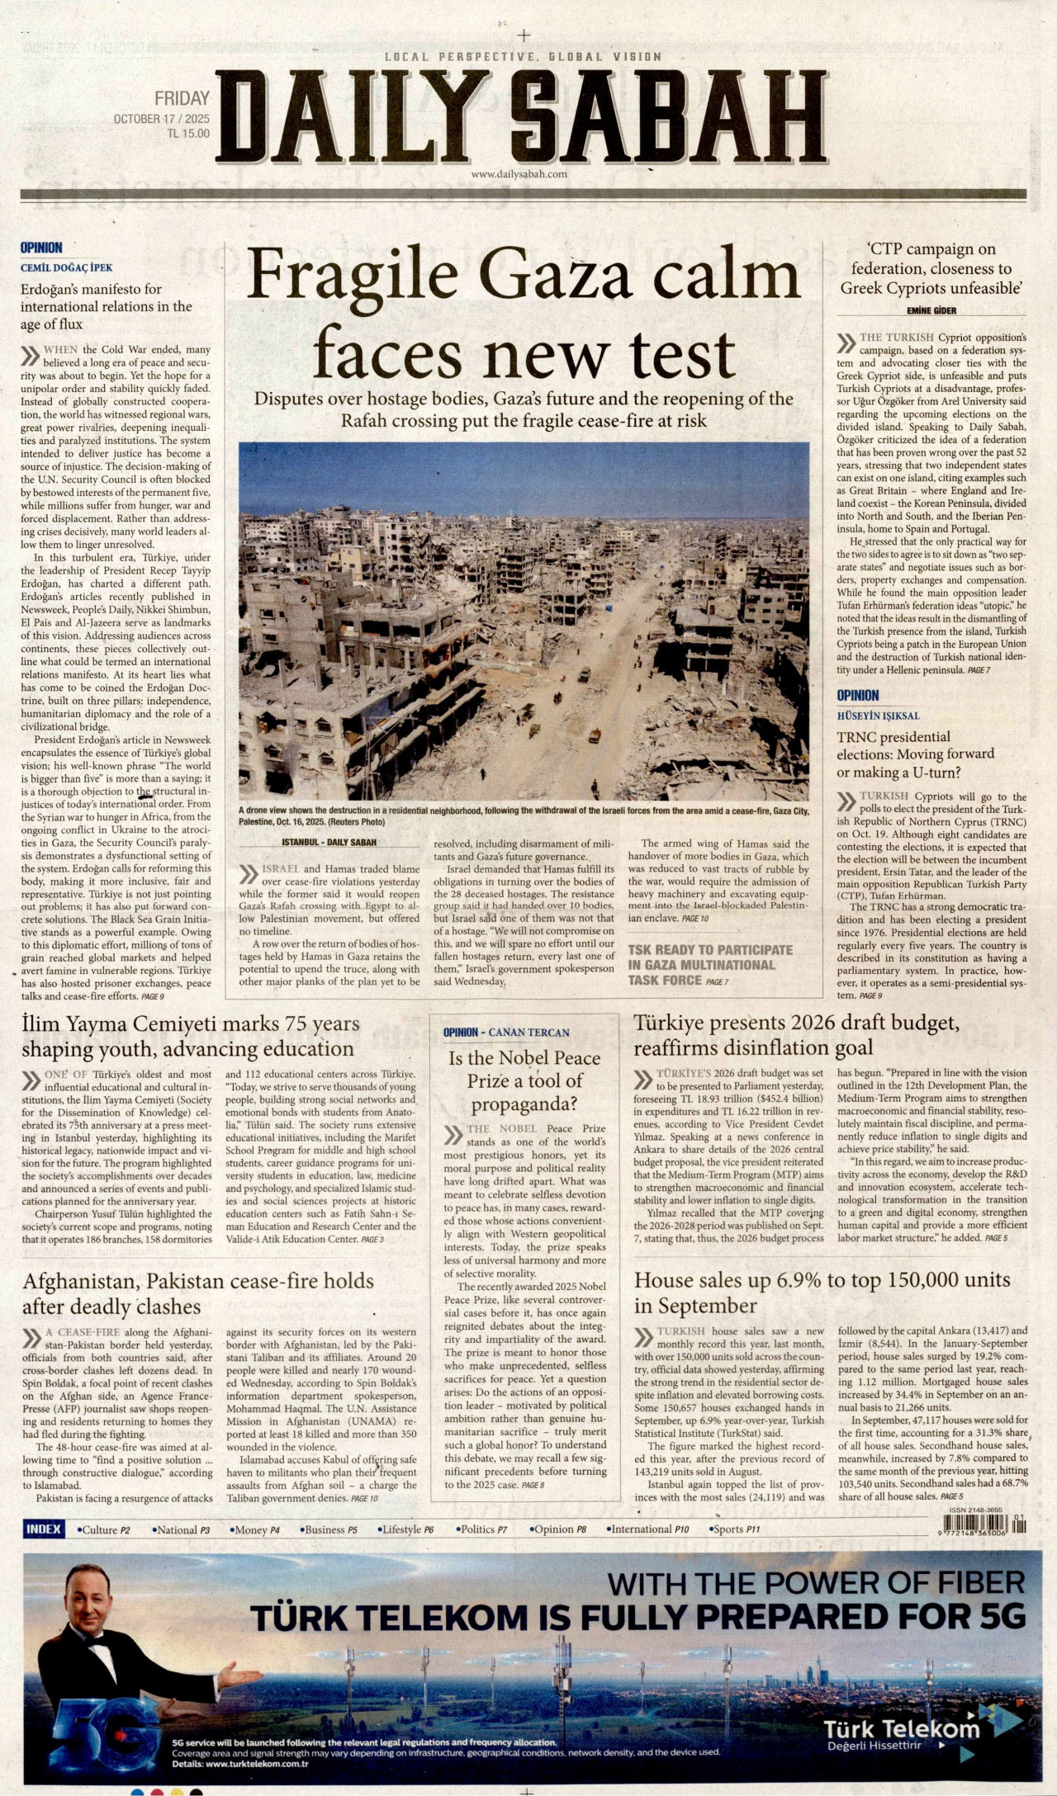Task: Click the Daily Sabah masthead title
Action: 522,119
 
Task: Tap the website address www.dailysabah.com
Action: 519,174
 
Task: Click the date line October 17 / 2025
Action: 161,119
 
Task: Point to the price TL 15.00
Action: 187,134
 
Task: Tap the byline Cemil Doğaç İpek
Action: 67,267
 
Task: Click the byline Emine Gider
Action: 931,310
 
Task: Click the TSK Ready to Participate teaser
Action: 709,964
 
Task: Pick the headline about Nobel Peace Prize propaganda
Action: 524,1080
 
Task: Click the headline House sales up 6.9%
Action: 822,1293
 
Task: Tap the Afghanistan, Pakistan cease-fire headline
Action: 197,1293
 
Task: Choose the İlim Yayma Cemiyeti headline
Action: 191,1036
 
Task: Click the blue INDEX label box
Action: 44,1529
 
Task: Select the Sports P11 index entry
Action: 734,1529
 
